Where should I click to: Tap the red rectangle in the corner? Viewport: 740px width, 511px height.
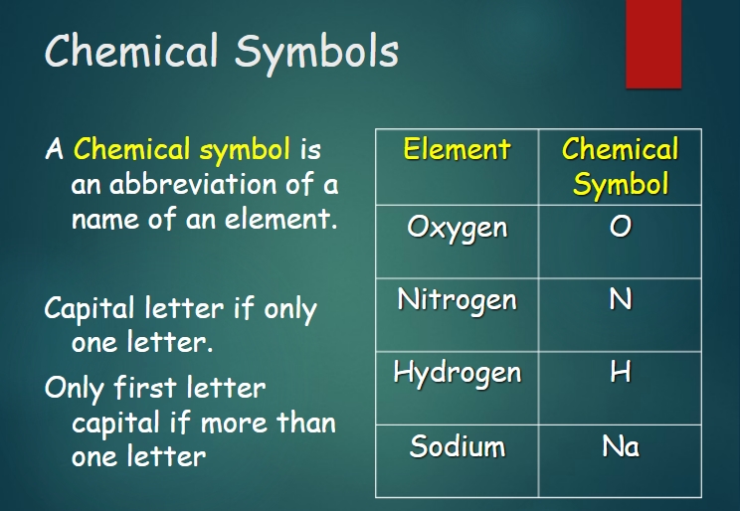click(x=653, y=44)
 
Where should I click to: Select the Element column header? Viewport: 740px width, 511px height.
click(x=457, y=149)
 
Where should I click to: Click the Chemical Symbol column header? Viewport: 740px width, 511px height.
click(x=620, y=166)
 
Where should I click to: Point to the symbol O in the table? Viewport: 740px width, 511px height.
click(x=620, y=226)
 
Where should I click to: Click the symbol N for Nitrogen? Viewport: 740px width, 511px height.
click(x=620, y=299)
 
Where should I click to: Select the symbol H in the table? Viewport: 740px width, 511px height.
click(x=620, y=372)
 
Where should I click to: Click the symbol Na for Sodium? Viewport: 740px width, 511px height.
click(x=621, y=446)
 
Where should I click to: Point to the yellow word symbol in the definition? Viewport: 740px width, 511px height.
click(x=245, y=150)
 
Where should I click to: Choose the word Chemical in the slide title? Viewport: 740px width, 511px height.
click(x=131, y=50)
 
